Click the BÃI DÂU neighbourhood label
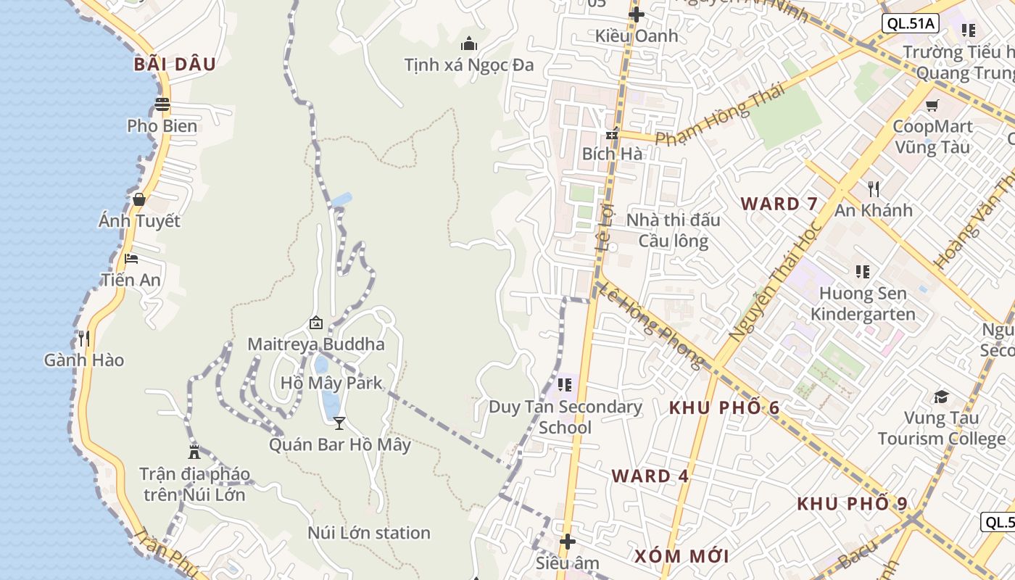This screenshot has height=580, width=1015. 175,65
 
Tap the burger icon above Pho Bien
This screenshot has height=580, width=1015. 162,104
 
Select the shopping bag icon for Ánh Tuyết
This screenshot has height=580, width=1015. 138,199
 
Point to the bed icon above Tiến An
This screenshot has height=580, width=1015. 131,259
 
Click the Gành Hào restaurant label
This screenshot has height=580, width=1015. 84,360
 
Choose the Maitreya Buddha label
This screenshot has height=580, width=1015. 316,344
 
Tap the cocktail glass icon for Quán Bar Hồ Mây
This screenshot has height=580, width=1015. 339,423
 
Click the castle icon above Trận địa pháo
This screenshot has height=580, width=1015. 194,452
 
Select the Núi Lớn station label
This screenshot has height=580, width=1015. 369,533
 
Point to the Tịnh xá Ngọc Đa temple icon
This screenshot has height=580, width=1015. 469,43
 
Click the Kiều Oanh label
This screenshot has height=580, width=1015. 637,36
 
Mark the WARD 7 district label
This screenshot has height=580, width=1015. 779,204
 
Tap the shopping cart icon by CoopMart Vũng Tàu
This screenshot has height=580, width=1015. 932,105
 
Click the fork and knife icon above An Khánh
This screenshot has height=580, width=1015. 874,189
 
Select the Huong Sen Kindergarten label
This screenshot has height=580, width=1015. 863,304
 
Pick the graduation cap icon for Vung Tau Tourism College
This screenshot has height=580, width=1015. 941,397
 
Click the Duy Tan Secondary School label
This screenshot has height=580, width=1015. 565,417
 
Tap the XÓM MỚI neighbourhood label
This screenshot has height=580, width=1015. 681,556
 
